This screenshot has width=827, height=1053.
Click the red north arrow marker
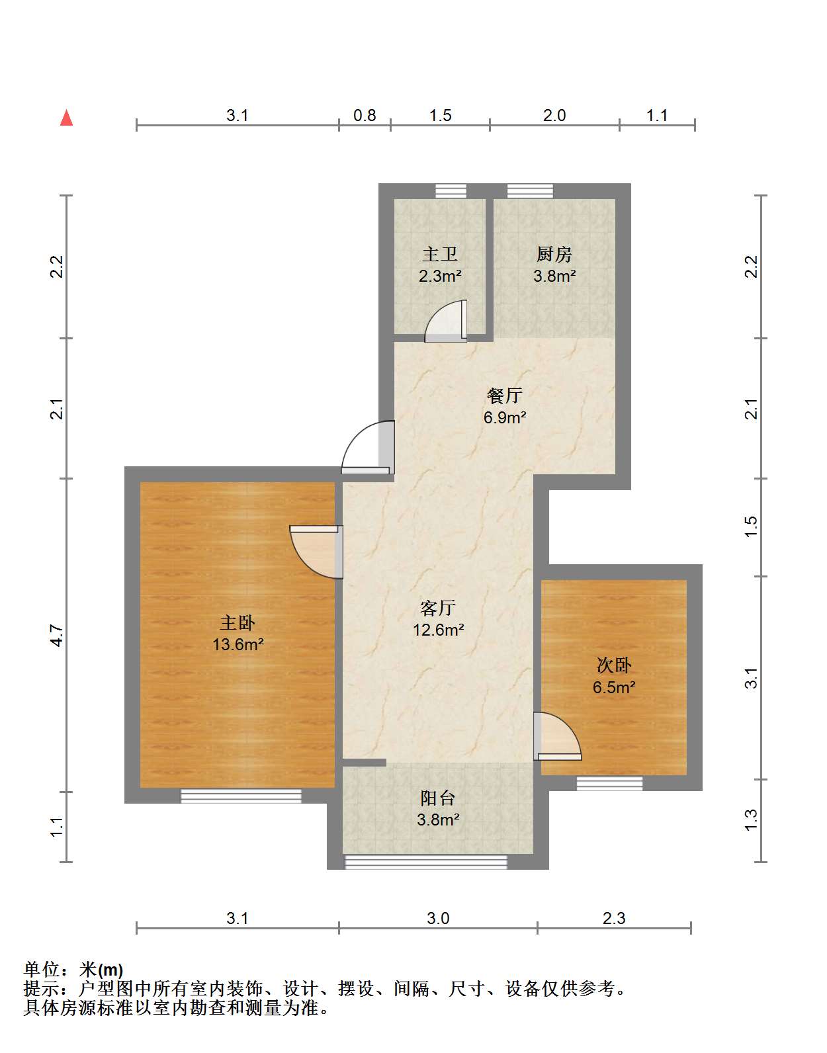(66, 118)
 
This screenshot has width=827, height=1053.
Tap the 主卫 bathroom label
(440, 255)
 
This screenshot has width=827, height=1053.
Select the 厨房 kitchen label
(554, 255)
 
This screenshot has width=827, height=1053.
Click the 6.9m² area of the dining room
(505, 417)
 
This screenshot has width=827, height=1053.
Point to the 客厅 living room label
(438, 608)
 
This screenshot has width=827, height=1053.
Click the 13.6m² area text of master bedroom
(238, 644)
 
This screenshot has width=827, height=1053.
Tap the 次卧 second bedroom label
(614, 665)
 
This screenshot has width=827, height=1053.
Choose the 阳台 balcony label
(438, 798)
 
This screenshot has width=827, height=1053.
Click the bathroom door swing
(446, 321)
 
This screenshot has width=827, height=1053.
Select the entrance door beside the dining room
(369, 447)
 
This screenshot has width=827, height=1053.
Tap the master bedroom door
(316, 552)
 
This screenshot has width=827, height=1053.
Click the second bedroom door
(558, 736)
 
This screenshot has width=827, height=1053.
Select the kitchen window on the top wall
(530, 191)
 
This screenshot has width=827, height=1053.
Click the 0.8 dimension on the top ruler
(365, 115)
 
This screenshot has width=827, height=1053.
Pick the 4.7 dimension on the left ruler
(57, 635)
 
